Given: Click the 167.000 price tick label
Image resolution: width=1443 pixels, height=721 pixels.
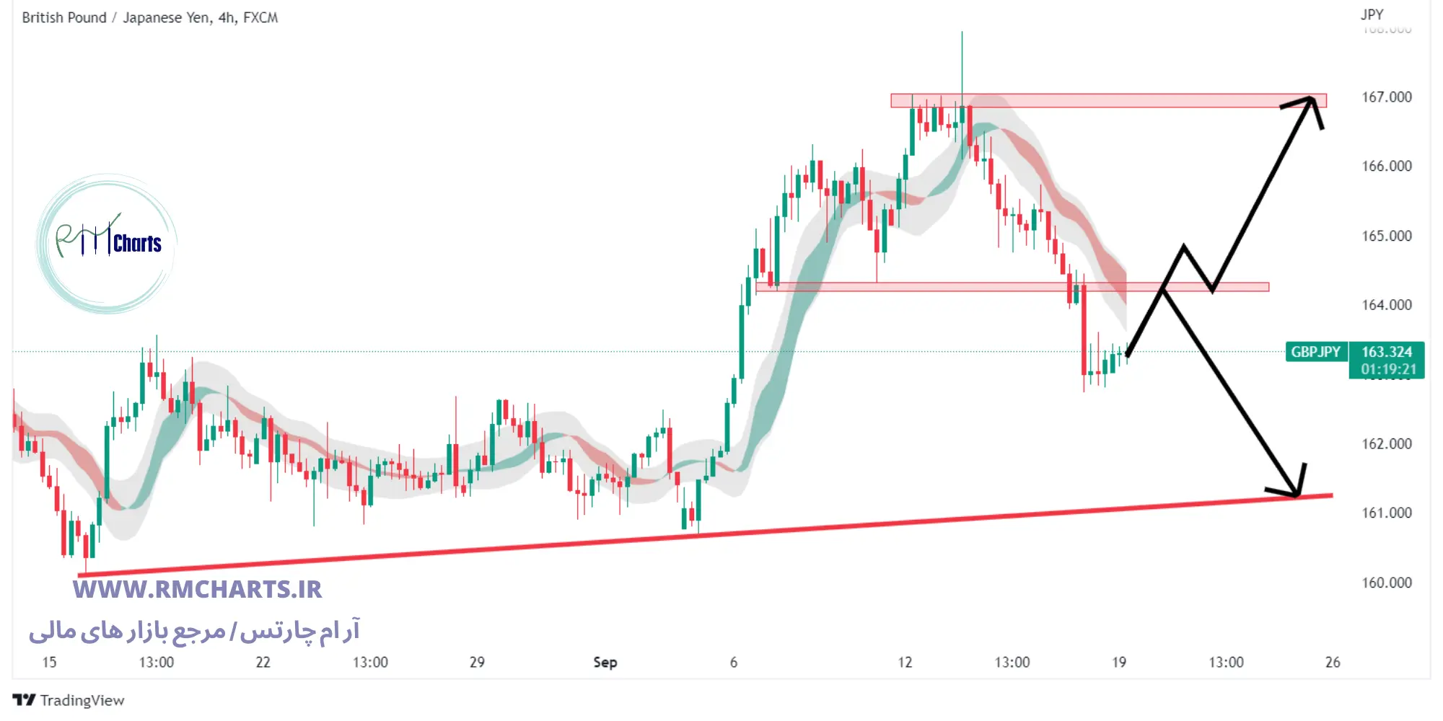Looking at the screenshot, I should (x=1386, y=97).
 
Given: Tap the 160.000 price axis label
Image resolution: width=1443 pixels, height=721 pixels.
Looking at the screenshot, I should (x=1386, y=583).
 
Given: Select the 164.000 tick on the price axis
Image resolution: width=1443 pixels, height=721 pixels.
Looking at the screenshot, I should (x=1386, y=305).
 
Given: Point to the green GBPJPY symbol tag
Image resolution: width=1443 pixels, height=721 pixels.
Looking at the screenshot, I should (x=1315, y=352).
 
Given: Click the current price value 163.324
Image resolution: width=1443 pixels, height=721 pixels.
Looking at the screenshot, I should (x=1386, y=352).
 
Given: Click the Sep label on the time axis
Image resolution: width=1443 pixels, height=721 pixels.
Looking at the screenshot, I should (x=605, y=662).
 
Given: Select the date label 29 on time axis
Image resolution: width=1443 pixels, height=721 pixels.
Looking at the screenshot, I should (x=477, y=662).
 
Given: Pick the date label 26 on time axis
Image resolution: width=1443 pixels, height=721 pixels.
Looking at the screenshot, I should (x=1332, y=662).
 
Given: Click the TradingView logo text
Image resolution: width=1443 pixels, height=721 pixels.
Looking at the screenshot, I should (x=82, y=700).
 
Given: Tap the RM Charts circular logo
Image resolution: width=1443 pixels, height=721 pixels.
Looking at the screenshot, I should (x=107, y=244).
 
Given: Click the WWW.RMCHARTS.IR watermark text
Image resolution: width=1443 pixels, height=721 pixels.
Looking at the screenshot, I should (x=197, y=590).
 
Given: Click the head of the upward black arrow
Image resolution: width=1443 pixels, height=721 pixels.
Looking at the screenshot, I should (x=1312, y=99).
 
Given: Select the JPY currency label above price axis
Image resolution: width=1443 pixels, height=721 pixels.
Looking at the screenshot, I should (x=1372, y=14).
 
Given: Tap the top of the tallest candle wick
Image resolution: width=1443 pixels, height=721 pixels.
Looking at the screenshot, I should (x=962, y=32).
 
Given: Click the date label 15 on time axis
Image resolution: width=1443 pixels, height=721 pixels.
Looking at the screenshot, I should (x=49, y=662).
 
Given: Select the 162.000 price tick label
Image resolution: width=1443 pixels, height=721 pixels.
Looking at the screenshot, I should (x=1386, y=444).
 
